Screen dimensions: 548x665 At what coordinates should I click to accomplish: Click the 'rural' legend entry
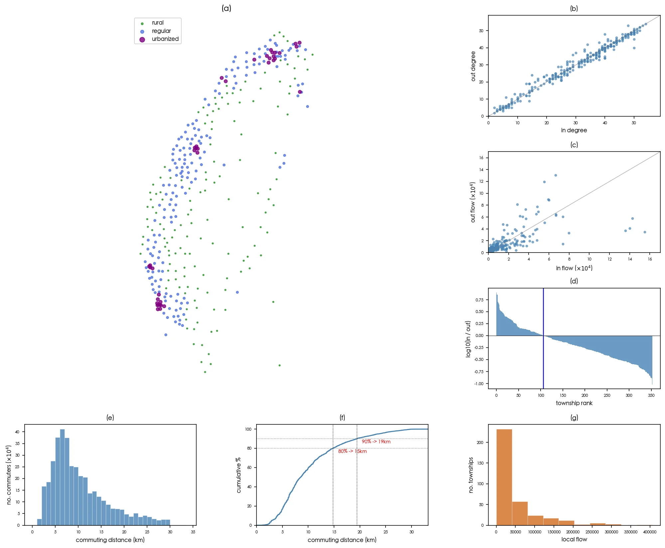(157, 23)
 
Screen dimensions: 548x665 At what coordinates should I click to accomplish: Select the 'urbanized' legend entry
(165, 39)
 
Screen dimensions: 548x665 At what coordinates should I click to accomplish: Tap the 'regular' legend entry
(161, 31)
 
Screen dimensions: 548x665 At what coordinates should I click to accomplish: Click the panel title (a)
(226, 9)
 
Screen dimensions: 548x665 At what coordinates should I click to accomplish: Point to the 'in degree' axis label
(574, 130)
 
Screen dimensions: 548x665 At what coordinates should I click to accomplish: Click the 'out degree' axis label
(473, 66)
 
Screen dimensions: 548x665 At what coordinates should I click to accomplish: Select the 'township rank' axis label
(574, 403)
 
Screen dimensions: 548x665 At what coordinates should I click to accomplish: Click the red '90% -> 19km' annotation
(376, 442)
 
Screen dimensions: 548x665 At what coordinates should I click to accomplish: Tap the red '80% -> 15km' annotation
(352, 451)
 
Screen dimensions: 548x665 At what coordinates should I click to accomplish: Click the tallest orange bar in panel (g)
(504, 477)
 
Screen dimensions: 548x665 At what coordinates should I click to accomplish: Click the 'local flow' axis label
(574, 539)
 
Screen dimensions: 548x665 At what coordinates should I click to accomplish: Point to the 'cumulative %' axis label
(239, 475)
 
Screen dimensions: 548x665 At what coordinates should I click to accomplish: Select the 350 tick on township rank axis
(651, 395)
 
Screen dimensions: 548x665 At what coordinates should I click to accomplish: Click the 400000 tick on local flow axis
(649, 532)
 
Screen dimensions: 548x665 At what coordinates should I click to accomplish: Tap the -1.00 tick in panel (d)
(479, 384)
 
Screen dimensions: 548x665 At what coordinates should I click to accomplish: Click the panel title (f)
(342, 418)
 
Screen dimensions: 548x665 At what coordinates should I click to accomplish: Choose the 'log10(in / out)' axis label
(468, 339)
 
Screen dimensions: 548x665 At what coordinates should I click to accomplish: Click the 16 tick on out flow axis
(481, 158)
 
